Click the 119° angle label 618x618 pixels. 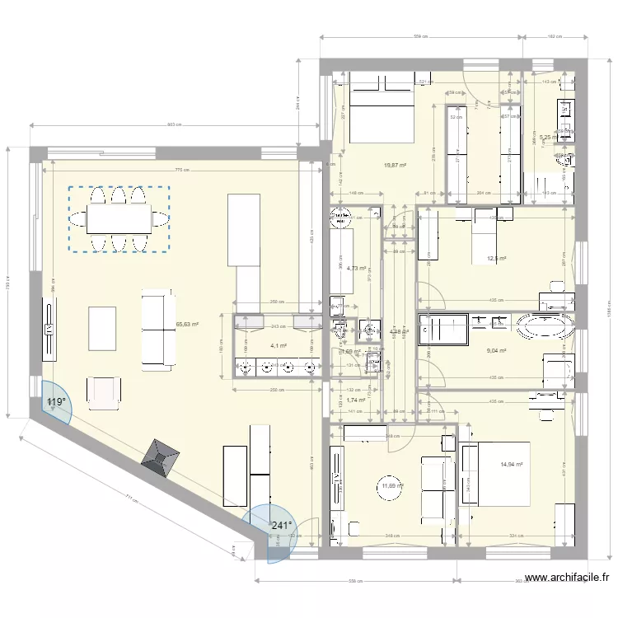click(56, 403)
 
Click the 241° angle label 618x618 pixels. click(283, 526)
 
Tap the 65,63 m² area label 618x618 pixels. click(189, 325)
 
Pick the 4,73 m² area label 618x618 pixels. click(356, 268)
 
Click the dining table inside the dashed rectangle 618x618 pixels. click(119, 219)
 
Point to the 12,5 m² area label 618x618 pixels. click(496, 259)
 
